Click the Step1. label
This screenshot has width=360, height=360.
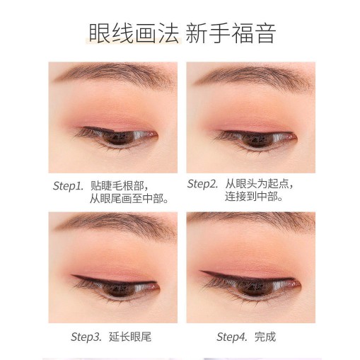tap(69, 186)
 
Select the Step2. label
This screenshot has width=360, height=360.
tap(203, 184)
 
